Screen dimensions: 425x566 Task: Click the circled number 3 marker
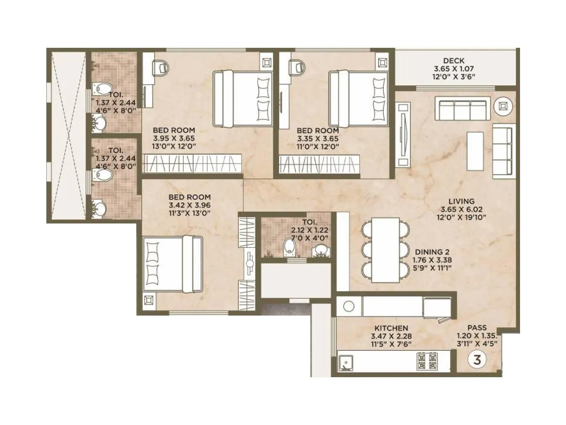(477, 360)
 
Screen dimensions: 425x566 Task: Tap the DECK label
(454, 61)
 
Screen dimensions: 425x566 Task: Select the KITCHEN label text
(391, 328)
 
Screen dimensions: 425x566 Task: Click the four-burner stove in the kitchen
(427, 361)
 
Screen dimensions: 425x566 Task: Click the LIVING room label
(462, 201)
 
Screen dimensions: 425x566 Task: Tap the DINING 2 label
(432, 252)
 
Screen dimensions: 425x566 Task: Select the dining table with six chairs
(386, 250)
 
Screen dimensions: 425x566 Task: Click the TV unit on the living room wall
(403, 135)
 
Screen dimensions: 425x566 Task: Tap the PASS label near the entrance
(477, 328)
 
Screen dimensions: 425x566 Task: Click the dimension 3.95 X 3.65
(174, 138)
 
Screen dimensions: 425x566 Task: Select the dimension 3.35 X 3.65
(318, 139)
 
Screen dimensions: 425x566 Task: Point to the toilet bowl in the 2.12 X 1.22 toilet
(289, 246)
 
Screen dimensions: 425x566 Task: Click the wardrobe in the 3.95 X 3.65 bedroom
(192, 163)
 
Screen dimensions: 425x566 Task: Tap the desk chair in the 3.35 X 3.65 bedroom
(297, 66)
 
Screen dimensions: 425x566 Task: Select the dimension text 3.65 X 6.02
(462, 209)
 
